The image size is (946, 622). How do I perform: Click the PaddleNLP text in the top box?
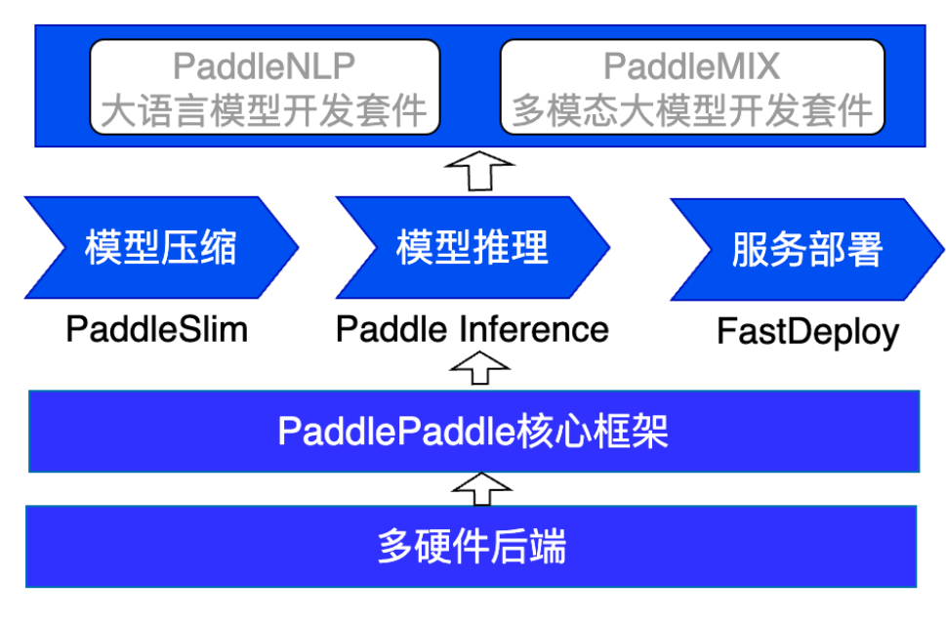tap(264, 65)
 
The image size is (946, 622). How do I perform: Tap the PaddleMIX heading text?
tap(691, 65)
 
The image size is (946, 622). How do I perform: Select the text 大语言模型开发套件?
tap(264, 111)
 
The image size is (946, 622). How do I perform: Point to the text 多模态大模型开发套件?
tap(692, 111)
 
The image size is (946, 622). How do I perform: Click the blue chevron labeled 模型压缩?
tap(161, 247)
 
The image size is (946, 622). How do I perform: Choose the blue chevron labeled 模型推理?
tap(473, 247)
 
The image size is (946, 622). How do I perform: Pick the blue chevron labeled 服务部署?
tap(807, 249)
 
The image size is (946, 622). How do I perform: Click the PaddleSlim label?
tap(157, 329)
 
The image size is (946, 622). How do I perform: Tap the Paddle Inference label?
tap(473, 329)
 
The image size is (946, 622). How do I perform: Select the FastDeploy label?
tap(807, 332)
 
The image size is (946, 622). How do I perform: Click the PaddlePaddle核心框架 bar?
tap(474, 432)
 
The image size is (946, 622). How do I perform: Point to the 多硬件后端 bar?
tap(472, 546)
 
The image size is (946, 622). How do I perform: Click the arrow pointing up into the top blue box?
tap(479, 171)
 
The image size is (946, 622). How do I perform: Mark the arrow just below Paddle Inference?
tap(480, 367)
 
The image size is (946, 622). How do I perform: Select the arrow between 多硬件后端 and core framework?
tap(482, 488)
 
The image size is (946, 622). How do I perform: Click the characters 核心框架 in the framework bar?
tap(592, 432)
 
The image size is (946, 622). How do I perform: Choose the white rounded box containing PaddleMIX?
tap(692, 87)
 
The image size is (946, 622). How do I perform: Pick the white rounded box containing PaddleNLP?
tap(265, 87)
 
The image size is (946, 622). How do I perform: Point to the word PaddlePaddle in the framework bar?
tap(396, 432)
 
